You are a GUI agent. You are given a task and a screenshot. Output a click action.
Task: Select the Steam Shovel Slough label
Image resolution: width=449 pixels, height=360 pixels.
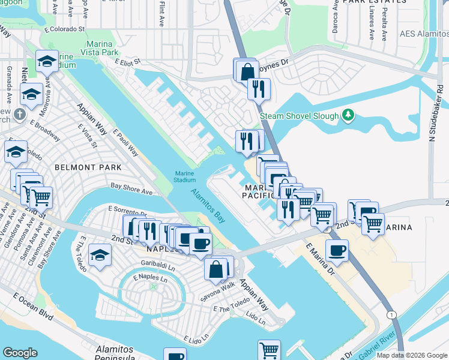click(x=299, y=116)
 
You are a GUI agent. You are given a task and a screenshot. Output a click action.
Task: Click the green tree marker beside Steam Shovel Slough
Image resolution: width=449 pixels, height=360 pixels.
click(x=347, y=115)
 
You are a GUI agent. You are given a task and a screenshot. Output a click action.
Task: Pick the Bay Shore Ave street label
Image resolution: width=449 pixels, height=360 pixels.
click(x=130, y=190)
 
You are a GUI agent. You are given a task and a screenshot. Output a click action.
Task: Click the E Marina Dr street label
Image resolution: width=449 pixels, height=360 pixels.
click(x=319, y=259)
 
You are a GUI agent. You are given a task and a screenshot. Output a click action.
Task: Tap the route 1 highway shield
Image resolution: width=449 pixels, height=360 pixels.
click(x=391, y=314)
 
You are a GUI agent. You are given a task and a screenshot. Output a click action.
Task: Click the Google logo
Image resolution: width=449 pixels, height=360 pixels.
click(x=20, y=353)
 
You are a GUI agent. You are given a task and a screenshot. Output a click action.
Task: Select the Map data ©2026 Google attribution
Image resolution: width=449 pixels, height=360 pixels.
click(x=412, y=355)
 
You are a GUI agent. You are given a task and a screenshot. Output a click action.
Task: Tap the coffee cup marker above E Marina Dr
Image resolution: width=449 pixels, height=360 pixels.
click(x=337, y=250)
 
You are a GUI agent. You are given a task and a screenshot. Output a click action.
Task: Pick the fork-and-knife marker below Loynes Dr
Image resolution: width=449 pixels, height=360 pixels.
click(x=259, y=89)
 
